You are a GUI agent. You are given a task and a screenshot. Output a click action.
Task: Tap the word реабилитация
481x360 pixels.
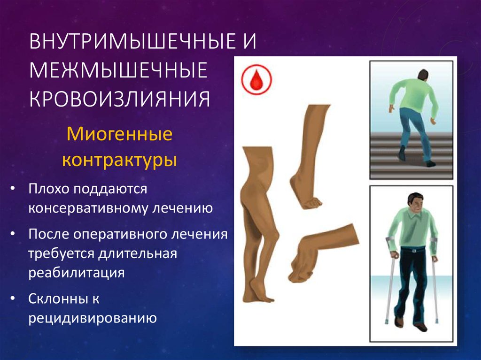tap(76, 273)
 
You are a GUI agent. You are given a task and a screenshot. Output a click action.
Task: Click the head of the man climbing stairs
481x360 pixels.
tap(423, 75)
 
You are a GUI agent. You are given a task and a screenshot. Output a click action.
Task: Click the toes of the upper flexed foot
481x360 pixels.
tap(312, 203)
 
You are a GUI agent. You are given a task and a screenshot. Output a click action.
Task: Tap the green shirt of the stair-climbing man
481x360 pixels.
tap(413, 96)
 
